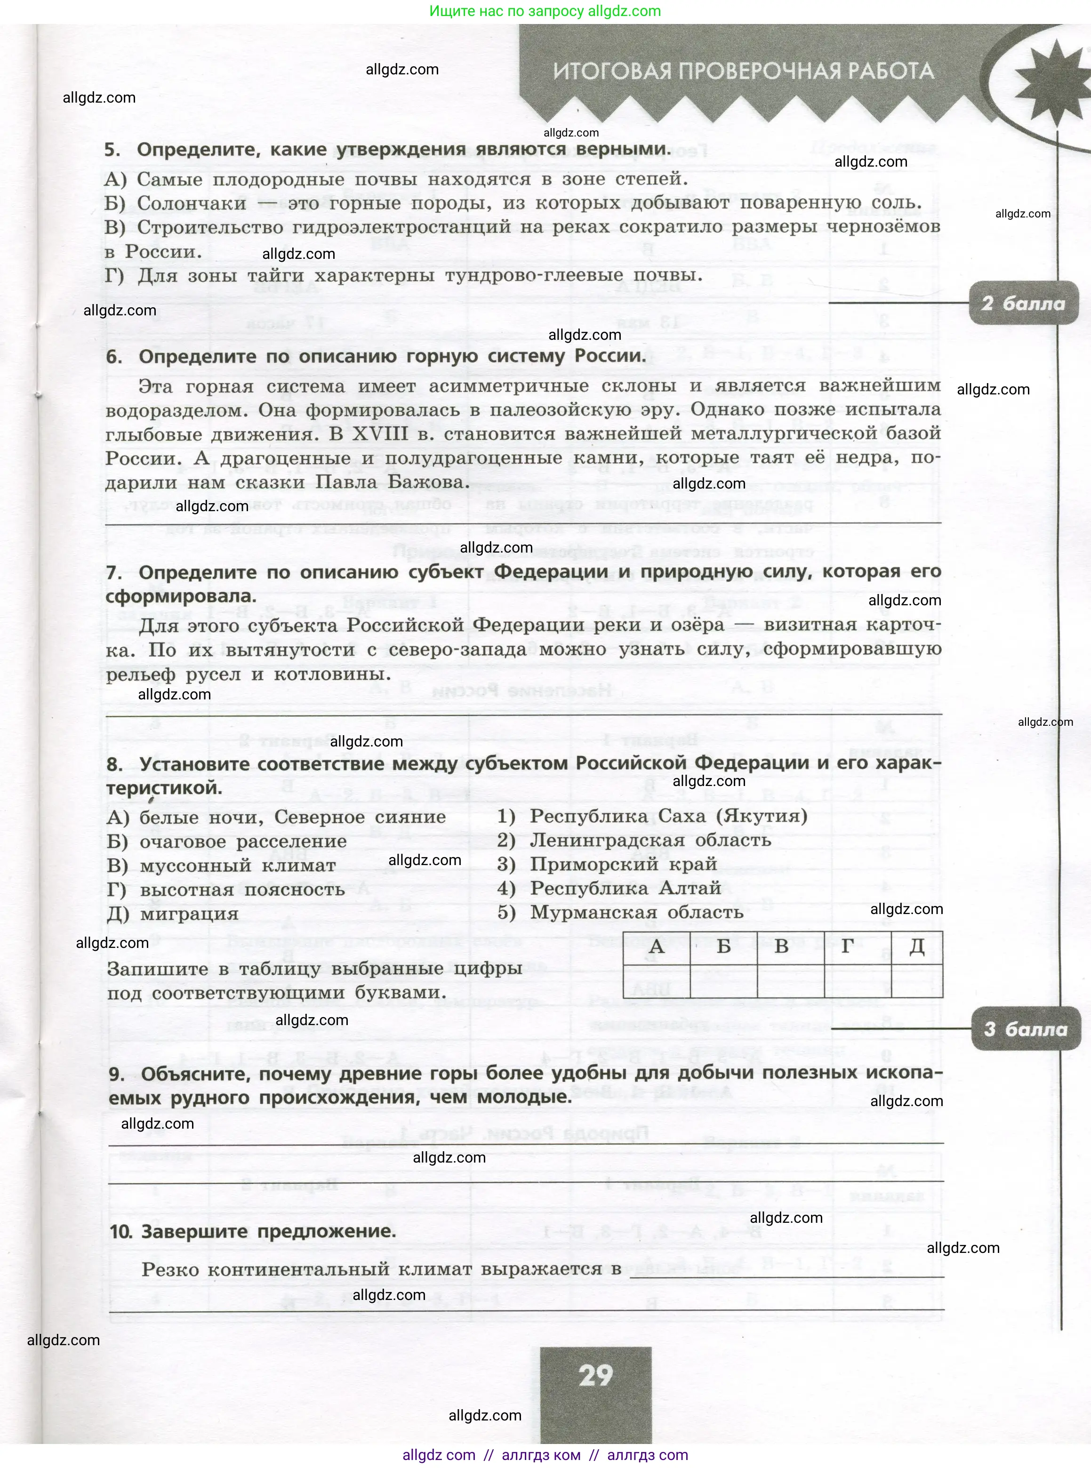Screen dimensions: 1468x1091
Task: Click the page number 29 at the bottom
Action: tap(596, 1376)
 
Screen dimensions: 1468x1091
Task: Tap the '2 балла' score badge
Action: tap(1023, 303)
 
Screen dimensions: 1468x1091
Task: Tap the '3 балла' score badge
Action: tap(1025, 1029)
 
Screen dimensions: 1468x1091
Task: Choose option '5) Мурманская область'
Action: tap(620, 912)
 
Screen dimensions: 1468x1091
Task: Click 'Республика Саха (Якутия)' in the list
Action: tap(668, 816)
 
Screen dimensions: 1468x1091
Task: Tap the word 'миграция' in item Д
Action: tap(190, 914)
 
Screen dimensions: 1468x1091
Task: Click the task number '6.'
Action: tap(114, 357)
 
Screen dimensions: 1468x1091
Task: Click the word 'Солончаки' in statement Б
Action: tap(192, 203)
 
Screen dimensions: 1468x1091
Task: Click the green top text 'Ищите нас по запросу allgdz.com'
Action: tap(545, 11)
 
